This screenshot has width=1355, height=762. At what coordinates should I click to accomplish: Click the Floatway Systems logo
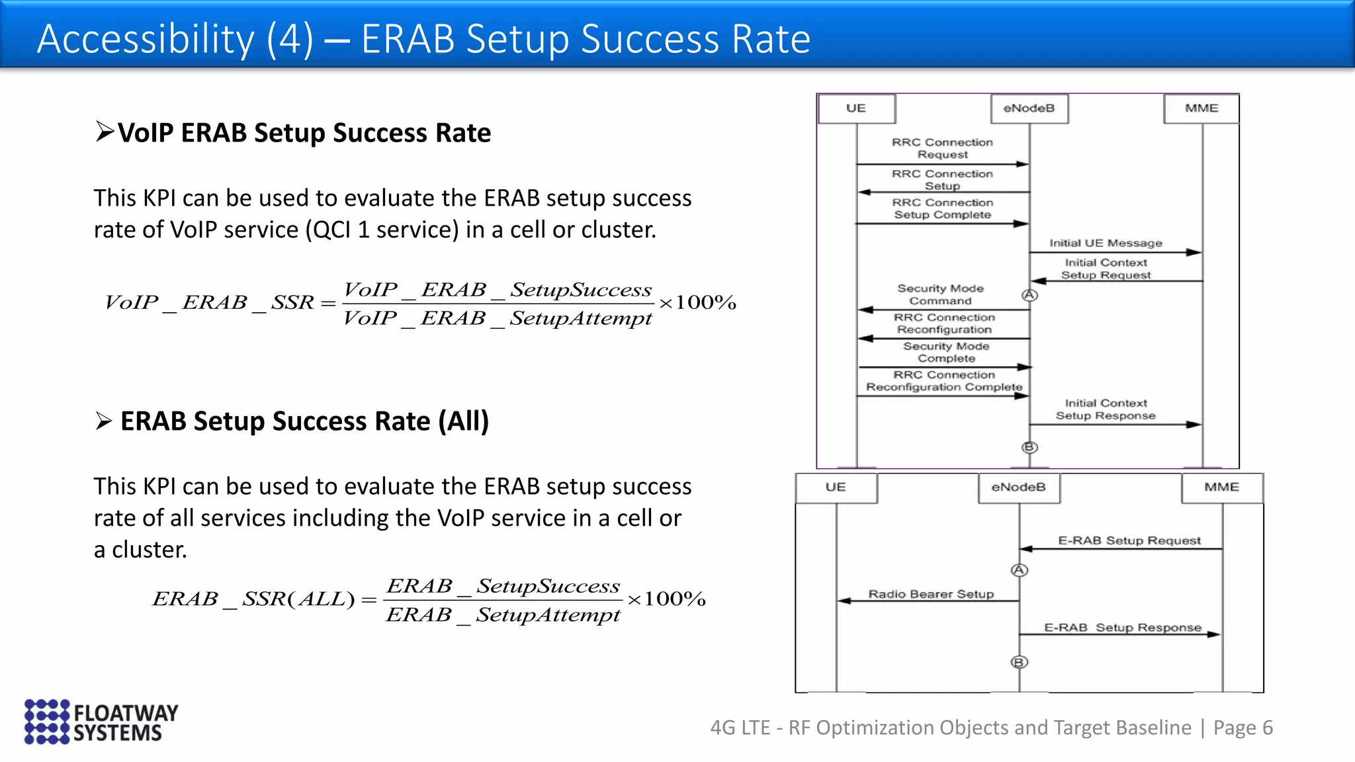click(x=101, y=722)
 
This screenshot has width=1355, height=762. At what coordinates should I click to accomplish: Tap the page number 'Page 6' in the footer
click(x=1243, y=728)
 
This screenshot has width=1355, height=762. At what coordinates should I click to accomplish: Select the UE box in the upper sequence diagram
click(x=856, y=108)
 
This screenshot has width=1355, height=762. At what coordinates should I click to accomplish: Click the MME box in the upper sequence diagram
click(x=1201, y=108)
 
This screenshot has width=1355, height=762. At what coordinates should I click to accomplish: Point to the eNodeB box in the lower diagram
click(x=1018, y=487)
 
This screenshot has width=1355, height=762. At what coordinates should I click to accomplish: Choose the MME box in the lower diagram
click(x=1221, y=487)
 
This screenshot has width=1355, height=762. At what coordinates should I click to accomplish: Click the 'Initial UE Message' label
click(x=1105, y=243)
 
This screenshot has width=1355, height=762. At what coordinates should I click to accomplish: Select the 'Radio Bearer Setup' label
click(x=931, y=594)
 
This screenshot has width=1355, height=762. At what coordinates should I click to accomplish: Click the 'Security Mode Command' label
click(x=940, y=294)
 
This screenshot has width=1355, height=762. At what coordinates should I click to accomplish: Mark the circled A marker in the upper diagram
click(x=1029, y=295)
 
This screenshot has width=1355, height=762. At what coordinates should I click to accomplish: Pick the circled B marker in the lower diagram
click(x=1020, y=662)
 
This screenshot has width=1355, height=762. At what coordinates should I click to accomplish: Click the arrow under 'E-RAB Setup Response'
click(x=1119, y=635)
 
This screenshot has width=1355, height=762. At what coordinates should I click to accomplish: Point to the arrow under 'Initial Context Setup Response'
click(x=1115, y=425)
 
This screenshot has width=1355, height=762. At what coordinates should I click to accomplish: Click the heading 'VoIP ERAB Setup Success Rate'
click(x=304, y=133)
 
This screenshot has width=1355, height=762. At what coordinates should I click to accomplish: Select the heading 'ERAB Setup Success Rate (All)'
click(x=304, y=421)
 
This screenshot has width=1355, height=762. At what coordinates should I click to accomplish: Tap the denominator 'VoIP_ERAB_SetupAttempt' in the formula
click(x=498, y=319)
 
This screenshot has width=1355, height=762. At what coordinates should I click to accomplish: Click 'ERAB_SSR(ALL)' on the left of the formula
click(x=254, y=599)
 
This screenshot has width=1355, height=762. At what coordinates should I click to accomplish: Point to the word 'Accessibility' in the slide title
click(x=146, y=38)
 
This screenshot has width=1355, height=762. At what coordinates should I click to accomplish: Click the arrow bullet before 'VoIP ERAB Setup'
click(x=104, y=132)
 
